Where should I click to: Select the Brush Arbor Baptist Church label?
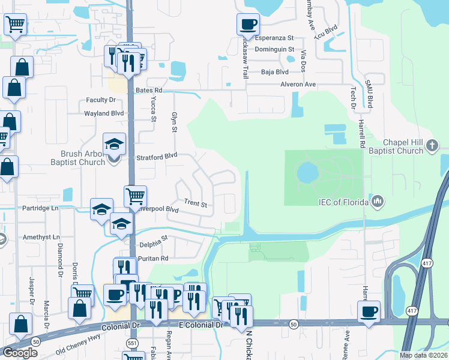tap(80, 158)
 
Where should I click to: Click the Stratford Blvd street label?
tap(157, 154)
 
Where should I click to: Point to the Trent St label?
tap(195, 204)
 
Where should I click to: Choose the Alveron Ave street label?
tap(298, 85)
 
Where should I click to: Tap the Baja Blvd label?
tap(275, 71)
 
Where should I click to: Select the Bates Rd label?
tap(149, 90)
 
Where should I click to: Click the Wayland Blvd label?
tap(104, 113)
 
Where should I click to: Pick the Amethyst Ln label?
tap(40, 238)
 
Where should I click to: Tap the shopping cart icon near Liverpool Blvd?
tap(136, 196)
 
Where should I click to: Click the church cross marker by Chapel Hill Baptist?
tap(432, 146)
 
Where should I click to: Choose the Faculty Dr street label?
tap(101, 100)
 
